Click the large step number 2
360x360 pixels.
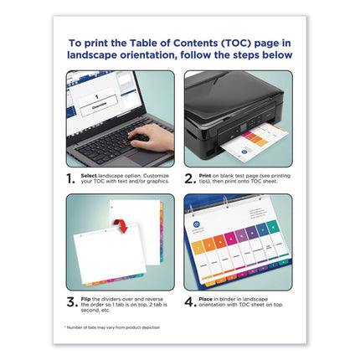(190, 179)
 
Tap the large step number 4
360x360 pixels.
(190, 302)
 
